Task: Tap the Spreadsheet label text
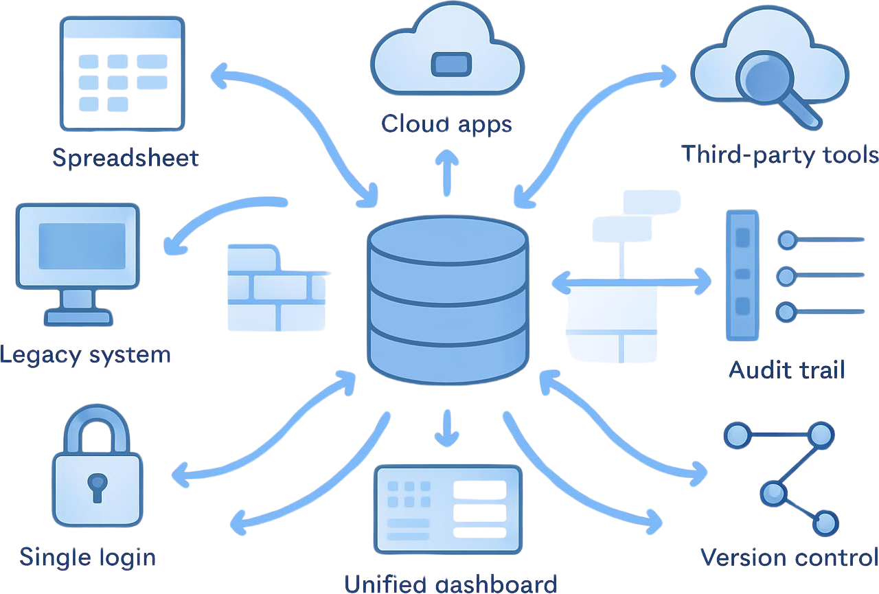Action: (126, 158)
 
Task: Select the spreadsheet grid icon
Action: (122, 73)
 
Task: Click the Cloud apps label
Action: (446, 124)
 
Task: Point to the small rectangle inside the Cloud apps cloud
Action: (450, 65)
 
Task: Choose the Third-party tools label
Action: (779, 154)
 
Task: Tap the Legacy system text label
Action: (85, 355)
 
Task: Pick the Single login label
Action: (87, 557)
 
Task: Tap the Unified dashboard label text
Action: (450, 584)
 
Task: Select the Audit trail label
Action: (786, 370)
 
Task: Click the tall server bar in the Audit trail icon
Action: (742, 275)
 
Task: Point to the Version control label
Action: (788, 556)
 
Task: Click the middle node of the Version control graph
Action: (773, 492)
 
